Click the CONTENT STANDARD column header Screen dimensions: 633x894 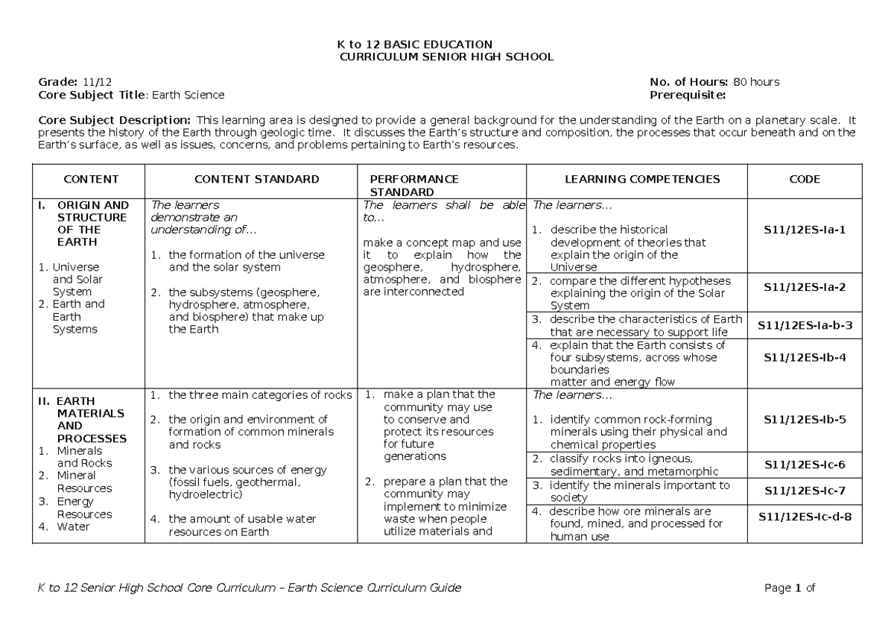coord(256,179)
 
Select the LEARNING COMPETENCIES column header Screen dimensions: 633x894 coord(642,179)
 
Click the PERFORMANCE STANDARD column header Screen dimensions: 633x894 coord(414,186)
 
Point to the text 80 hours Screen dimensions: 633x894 coord(756,82)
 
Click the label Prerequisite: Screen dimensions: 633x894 coord(687,95)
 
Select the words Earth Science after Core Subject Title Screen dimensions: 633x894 coord(188,95)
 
